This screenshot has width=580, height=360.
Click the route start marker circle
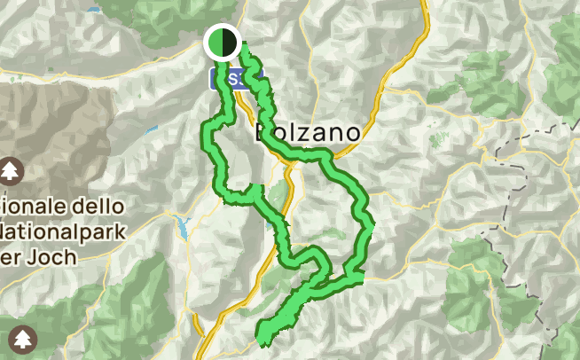(222, 42)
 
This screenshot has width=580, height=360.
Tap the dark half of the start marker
(229, 42)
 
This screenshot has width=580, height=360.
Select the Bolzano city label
(308, 133)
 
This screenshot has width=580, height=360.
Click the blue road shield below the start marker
(232, 80)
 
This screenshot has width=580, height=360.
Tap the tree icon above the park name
(11, 169)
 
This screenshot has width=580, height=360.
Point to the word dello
(97, 206)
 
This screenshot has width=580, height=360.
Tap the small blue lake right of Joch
(183, 227)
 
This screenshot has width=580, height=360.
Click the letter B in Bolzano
(263, 133)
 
